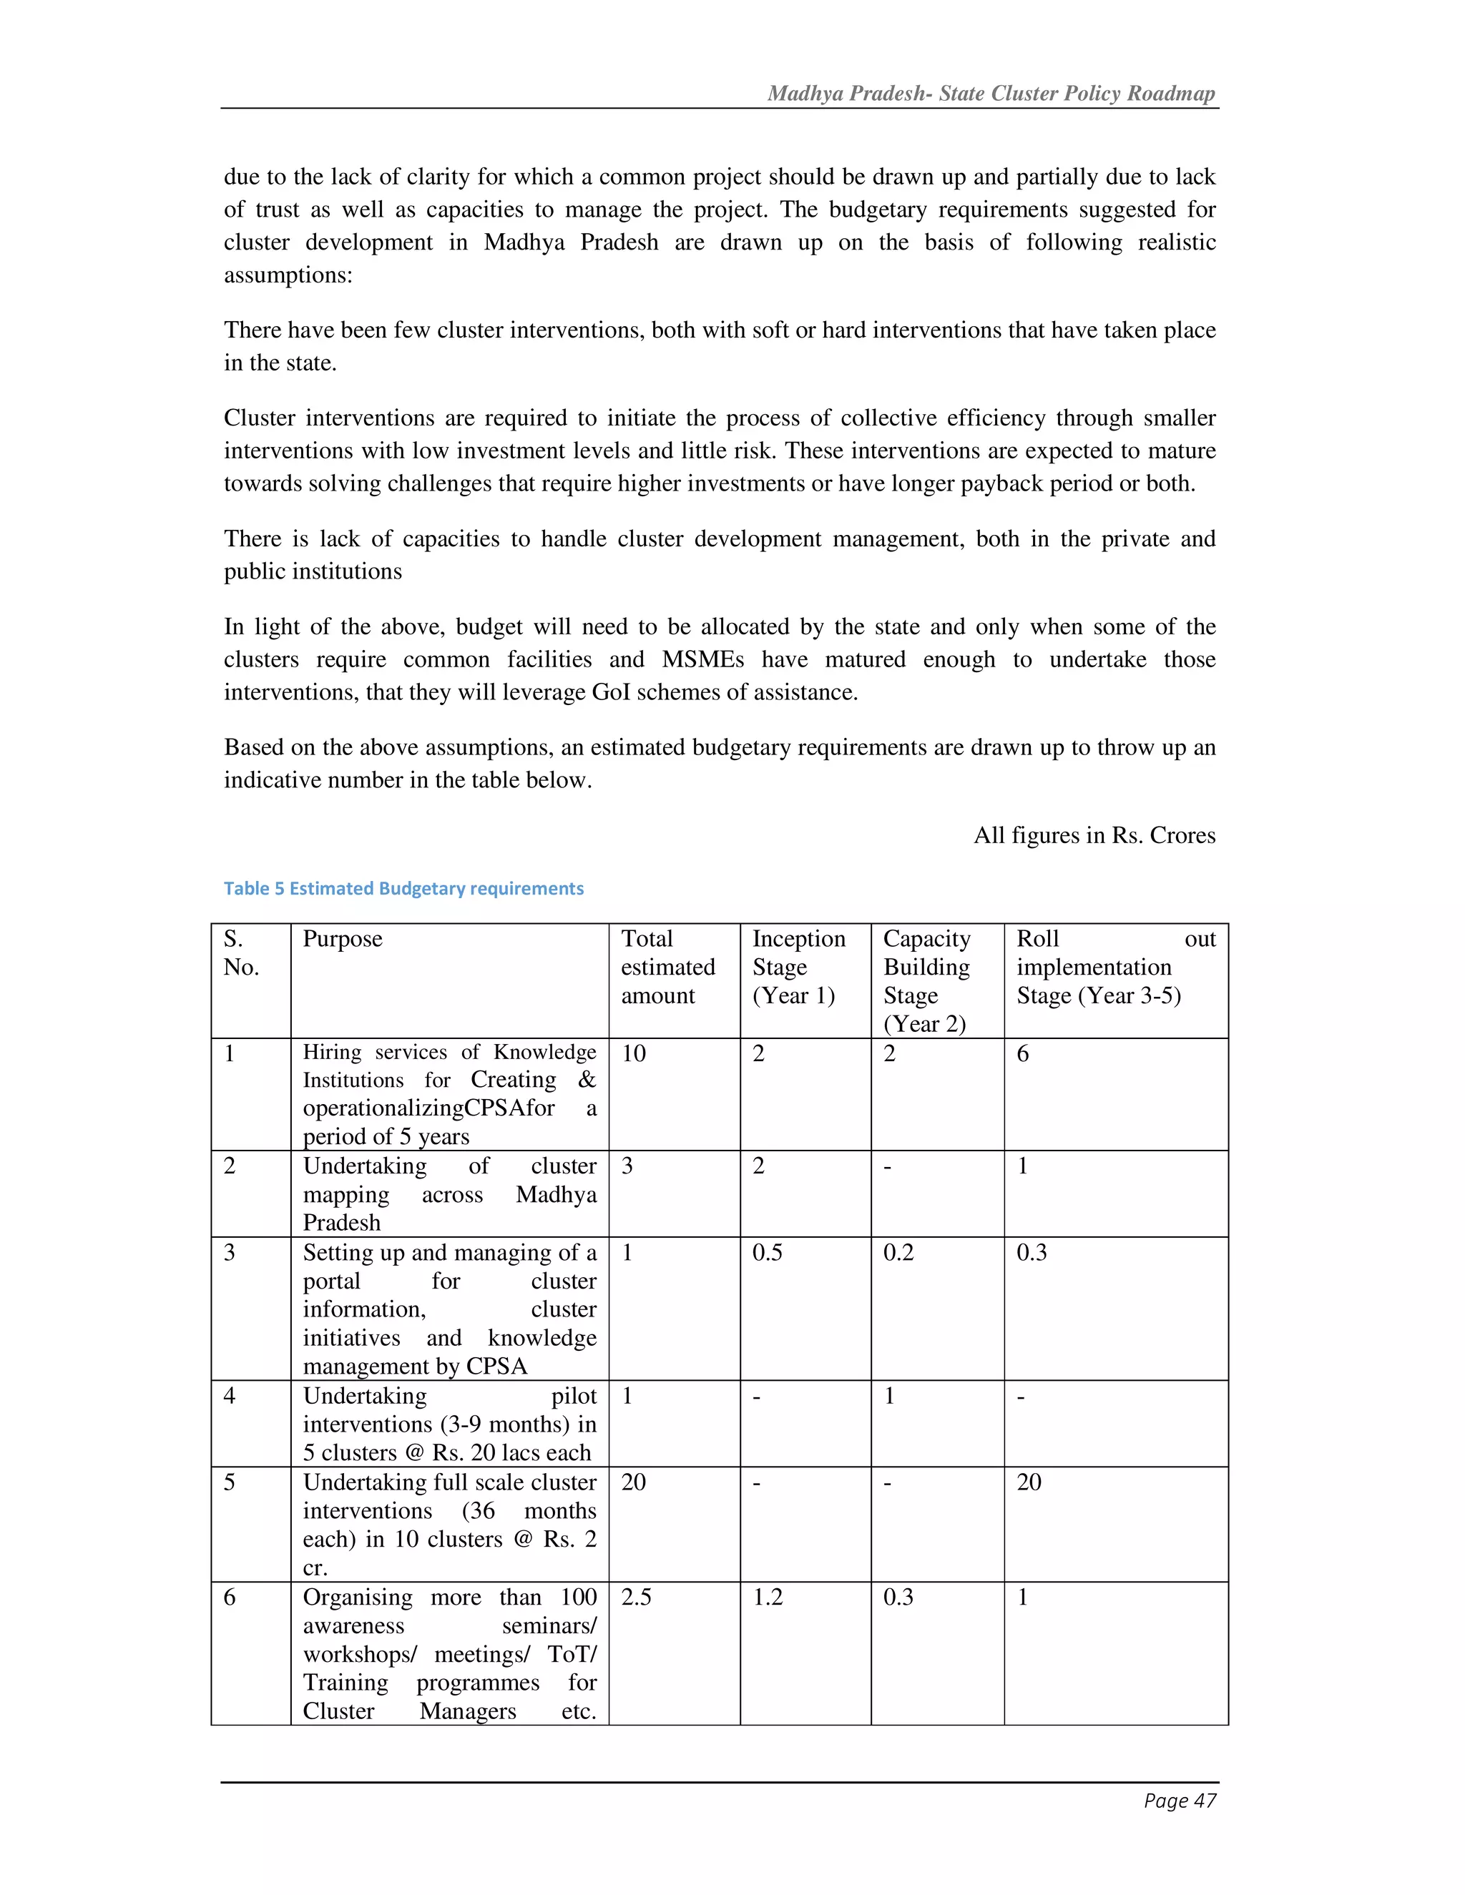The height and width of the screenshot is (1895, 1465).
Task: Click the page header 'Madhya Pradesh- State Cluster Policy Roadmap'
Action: (x=991, y=94)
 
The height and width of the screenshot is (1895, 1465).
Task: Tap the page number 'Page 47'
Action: (x=1180, y=1801)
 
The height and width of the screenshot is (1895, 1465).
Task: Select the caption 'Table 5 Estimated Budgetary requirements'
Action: (x=403, y=888)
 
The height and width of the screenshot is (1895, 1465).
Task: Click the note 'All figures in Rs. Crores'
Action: (x=1094, y=835)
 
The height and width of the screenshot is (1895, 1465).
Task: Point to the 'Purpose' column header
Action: (x=342, y=939)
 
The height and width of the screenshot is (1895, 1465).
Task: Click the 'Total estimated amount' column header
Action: (x=667, y=967)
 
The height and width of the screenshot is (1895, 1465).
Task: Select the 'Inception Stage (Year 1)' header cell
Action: (x=798, y=967)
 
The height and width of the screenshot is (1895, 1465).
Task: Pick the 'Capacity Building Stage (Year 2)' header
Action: (x=926, y=980)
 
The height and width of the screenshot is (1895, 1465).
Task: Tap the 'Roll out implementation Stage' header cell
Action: (x=1115, y=967)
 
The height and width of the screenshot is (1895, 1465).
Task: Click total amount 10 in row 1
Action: (x=634, y=1053)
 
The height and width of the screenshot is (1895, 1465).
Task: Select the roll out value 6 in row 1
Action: (x=1022, y=1053)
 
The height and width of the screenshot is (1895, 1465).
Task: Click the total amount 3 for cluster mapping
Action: (x=627, y=1166)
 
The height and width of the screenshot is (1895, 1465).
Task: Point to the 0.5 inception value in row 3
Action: (x=768, y=1252)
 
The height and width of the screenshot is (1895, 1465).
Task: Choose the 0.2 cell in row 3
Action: (x=898, y=1252)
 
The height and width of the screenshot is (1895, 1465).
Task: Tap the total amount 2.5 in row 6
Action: (x=636, y=1597)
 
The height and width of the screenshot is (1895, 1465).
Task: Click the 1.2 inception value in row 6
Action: (x=768, y=1597)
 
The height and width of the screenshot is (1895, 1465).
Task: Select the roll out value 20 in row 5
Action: (x=1029, y=1482)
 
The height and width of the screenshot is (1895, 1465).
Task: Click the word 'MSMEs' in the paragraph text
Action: (x=702, y=659)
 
